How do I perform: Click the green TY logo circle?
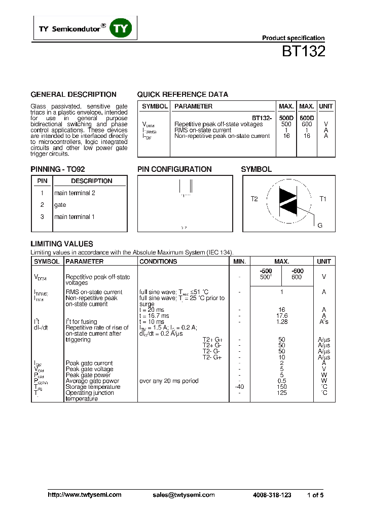[x=121, y=29]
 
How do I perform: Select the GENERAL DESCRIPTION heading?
[x=74, y=94]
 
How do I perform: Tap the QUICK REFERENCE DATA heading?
[x=182, y=94]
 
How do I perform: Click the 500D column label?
[x=286, y=118]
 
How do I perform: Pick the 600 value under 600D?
[x=307, y=124]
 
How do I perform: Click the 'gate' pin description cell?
[x=60, y=205]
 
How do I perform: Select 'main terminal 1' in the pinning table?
[x=75, y=217]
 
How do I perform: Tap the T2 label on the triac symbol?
[x=254, y=199]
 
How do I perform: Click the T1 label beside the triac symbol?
[x=323, y=199]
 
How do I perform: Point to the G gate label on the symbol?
[x=320, y=226]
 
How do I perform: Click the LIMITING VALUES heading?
[x=62, y=244]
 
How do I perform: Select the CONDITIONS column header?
[x=158, y=262]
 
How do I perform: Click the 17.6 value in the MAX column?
[x=282, y=316]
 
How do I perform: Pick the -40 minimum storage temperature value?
[x=240, y=387]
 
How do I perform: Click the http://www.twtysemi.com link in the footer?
[x=85, y=495]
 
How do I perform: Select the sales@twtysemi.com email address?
[x=184, y=495]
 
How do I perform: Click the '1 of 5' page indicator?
[x=315, y=495]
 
